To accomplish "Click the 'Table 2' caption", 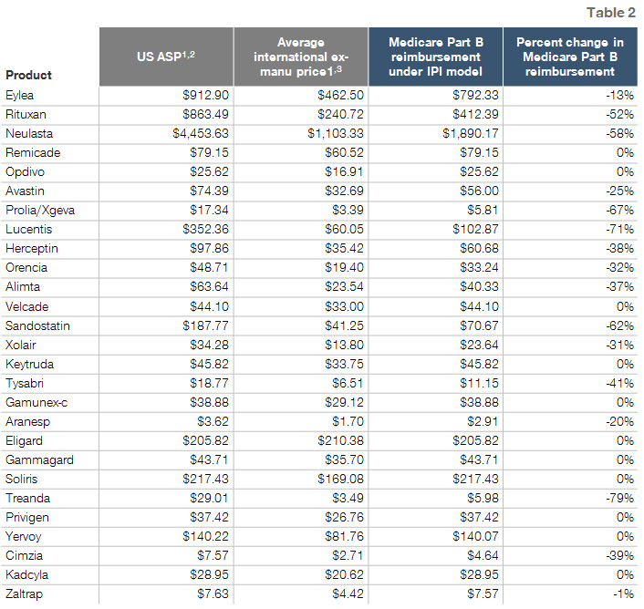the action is (611, 13).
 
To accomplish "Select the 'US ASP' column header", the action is (166, 57).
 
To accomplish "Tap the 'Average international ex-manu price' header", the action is (301, 57).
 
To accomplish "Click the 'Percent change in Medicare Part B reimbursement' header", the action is (570, 57).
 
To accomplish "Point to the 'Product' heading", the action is (29, 75).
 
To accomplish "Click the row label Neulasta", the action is (29, 133).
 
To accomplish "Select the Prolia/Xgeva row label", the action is (40, 210).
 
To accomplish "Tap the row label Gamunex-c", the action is (36, 402).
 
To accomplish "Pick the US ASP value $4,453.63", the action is (201, 133).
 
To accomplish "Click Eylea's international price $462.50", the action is (340, 95).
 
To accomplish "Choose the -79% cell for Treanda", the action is (619, 498).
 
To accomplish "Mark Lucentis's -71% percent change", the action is (619, 230).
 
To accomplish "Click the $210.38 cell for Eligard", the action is (340, 440).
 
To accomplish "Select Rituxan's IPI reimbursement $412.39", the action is (475, 114).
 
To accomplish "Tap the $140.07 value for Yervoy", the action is (475, 536).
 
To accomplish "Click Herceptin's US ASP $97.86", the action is (209, 248).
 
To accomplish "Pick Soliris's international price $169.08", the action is (340, 479).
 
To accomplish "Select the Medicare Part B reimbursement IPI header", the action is (435, 57).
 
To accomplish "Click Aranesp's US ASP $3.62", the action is (213, 421).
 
